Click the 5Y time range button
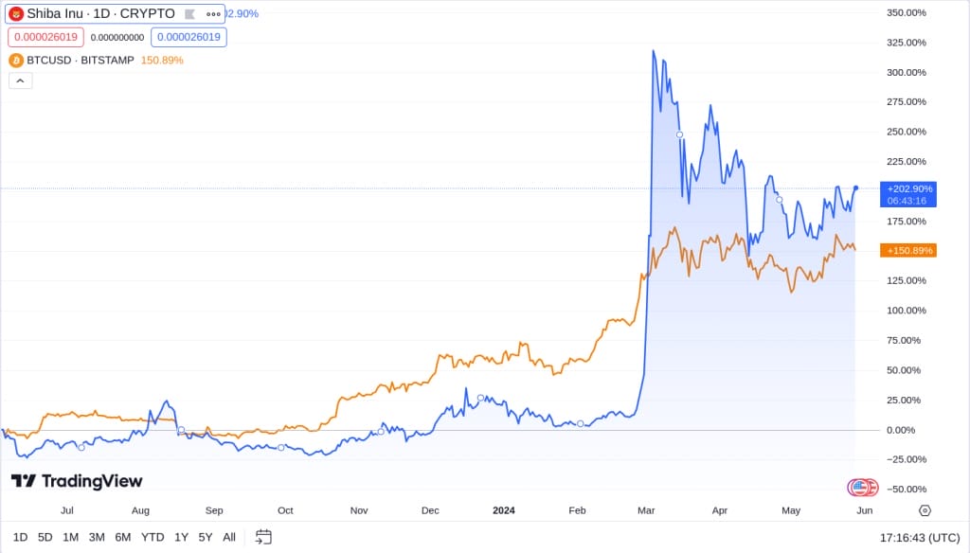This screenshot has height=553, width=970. (206, 537)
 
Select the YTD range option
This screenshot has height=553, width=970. (153, 537)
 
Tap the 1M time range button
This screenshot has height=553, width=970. (71, 537)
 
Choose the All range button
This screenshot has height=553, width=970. (229, 537)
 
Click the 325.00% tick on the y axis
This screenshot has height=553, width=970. (907, 43)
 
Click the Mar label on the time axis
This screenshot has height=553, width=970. (646, 510)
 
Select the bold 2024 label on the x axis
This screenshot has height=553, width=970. (504, 510)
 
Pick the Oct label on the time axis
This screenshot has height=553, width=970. (285, 510)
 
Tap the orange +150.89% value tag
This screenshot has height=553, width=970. (908, 250)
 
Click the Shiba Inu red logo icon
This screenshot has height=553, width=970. (16, 13)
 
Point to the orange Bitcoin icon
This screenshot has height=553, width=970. (16, 60)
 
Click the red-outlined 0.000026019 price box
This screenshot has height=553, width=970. (46, 37)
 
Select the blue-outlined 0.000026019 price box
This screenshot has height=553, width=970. (189, 37)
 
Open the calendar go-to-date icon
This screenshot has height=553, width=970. (263, 537)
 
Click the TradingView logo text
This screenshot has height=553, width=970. (77, 481)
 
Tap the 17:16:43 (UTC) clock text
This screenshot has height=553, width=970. (918, 537)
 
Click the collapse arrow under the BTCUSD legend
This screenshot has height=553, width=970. (21, 80)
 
